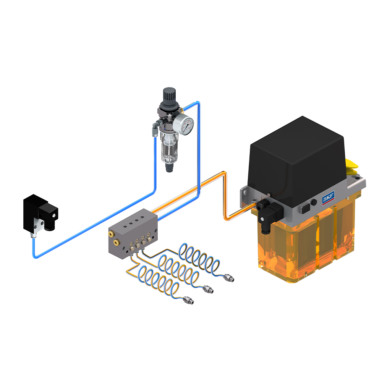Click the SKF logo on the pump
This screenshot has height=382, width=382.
click(328, 199)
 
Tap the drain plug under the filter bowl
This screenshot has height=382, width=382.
click(168, 167)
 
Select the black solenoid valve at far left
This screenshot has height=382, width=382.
click(38, 214)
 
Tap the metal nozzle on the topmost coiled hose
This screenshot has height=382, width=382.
click(229, 278)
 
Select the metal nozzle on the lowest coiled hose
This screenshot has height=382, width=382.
click(188, 300)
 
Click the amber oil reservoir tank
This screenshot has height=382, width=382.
click(306, 248)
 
